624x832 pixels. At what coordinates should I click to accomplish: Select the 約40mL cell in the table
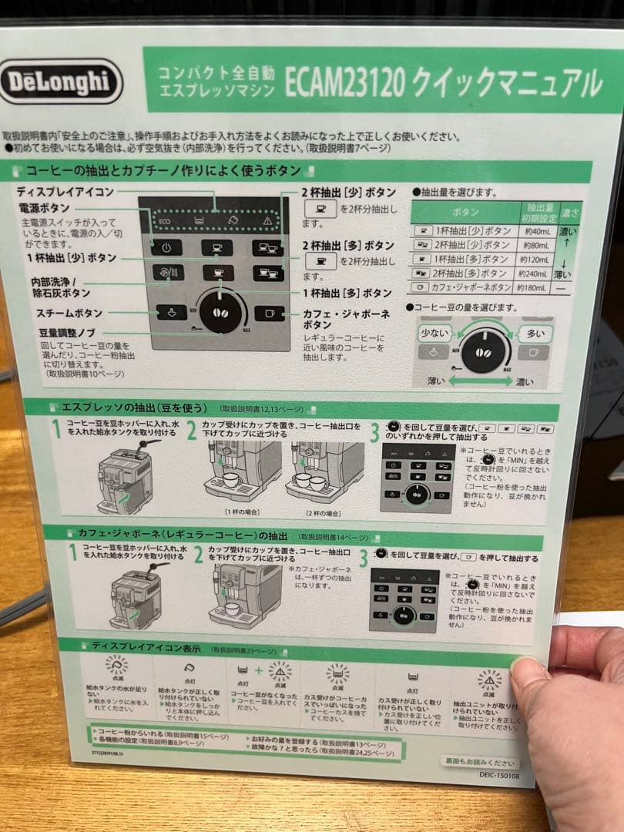pos(541,231)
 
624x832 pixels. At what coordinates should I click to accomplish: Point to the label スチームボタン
pos(69,314)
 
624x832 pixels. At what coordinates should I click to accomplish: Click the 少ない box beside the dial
pos(435,334)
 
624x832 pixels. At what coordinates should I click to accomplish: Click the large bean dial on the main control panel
pos(221,313)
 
